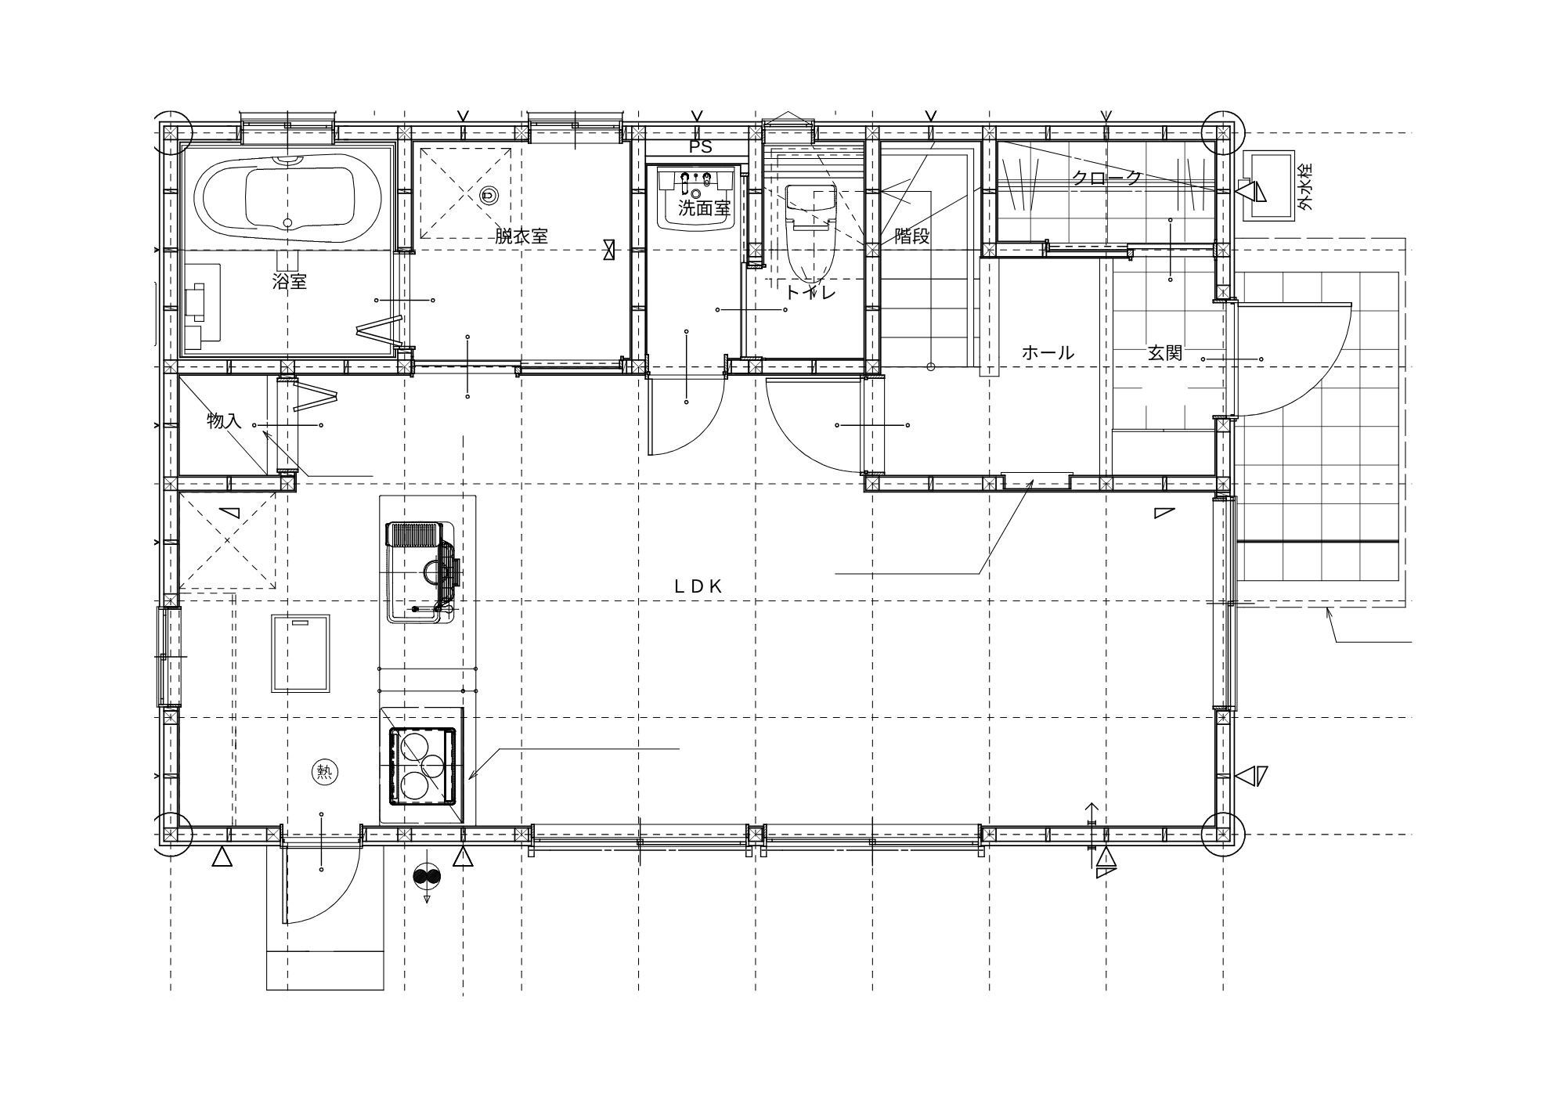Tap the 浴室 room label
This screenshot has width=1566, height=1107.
pyautogui.click(x=289, y=282)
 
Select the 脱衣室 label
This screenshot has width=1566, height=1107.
pyautogui.click(x=521, y=236)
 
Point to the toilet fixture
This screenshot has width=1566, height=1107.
pyautogui.click(x=810, y=232)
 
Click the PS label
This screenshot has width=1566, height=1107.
pyautogui.click(x=700, y=147)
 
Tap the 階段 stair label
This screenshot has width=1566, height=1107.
pyautogui.click(x=912, y=236)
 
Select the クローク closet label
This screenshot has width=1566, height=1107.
pyautogui.click(x=1106, y=178)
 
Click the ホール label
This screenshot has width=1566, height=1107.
pyautogui.click(x=1048, y=353)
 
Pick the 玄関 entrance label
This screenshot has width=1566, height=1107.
pyautogui.click(x=1164, y=353)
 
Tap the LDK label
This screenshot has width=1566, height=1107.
pyautogui.click(x=698, y=586)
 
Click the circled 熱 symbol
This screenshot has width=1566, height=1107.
pyautogui.click(x=323, y=772)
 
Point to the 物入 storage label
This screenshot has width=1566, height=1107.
pyautogui.click(x=224, y=421)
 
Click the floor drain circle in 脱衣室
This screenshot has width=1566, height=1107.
pyautogui.click(x=489, y=194)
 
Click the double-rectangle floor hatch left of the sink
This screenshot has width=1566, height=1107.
pyautogui.click(x=301, y=653)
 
